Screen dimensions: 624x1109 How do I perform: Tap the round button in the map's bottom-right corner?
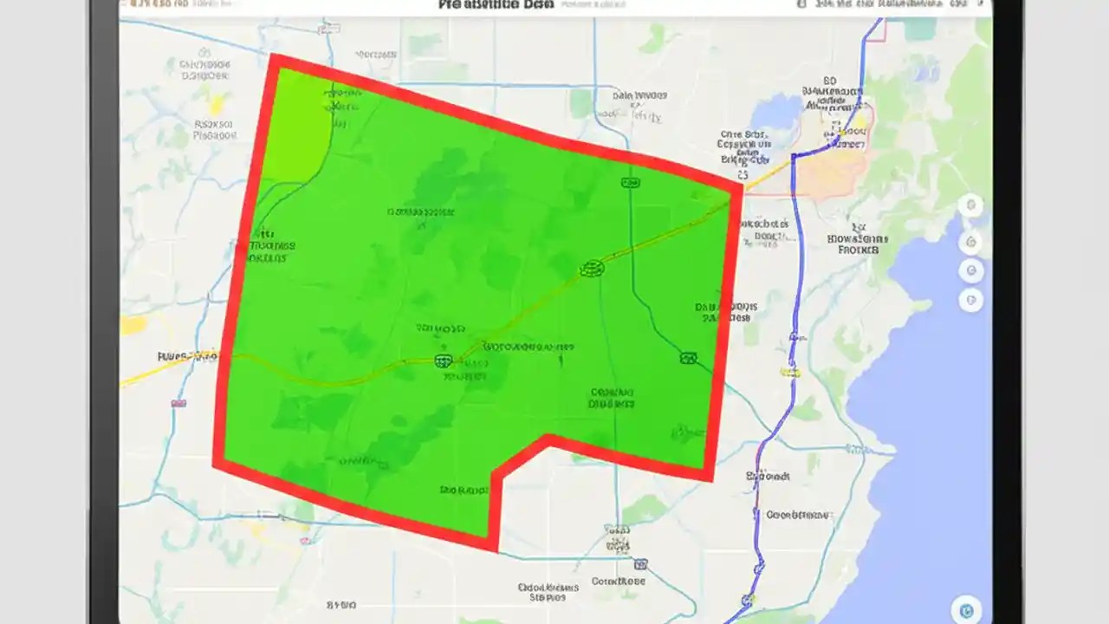pos(964,608)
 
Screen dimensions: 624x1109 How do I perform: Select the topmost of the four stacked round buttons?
pos(970,206)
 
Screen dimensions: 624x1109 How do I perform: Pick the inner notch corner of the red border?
pos(548,440)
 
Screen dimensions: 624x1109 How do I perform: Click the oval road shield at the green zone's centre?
pos(592,269)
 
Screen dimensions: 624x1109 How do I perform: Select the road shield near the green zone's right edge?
pos(689,358)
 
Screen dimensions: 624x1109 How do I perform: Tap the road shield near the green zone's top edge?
pos(631,183)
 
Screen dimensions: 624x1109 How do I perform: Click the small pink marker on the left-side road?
pos(178,403)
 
